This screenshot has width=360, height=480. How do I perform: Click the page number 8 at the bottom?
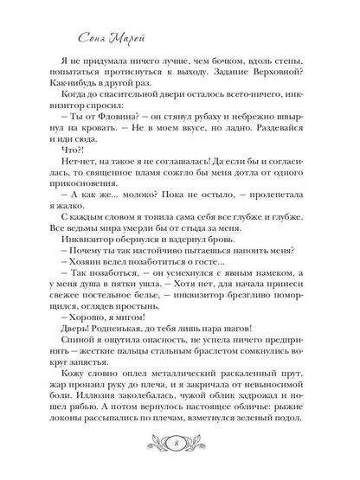pos(180,445)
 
